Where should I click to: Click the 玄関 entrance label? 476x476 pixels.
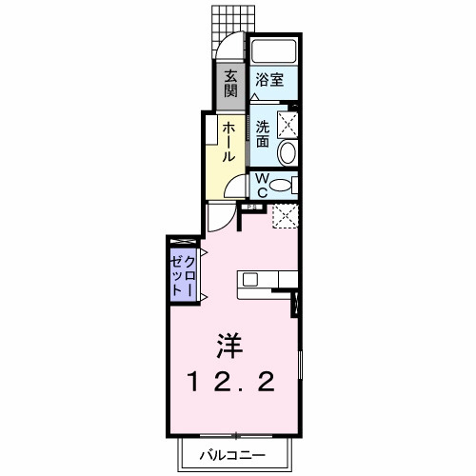coord(231,85)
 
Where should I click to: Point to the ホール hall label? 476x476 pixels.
coord(229,142)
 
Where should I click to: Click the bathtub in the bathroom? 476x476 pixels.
coord(274,51)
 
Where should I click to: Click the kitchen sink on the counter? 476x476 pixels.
coord(249,279)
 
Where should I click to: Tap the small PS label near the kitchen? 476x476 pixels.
coord(252,207)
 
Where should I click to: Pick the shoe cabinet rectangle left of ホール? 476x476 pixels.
coord(208,152)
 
